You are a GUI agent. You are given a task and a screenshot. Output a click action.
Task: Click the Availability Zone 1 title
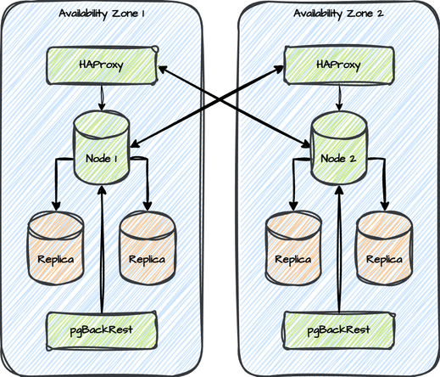[x=102, y=14]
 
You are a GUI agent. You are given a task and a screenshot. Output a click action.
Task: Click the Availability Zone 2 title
[x=338, y=14]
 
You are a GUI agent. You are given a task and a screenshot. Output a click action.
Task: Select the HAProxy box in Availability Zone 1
[x=102, y=65]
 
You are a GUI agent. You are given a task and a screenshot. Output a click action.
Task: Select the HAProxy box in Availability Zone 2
[x=339, y=65]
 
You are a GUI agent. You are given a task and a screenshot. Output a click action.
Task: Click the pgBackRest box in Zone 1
[x=102, y=331]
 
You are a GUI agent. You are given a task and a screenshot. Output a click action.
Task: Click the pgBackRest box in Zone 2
[x=339, y=331]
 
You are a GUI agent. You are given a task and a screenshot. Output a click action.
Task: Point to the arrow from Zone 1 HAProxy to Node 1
[x=102, y=98]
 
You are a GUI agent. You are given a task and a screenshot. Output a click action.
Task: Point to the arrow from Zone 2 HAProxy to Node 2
[x=339, y=98]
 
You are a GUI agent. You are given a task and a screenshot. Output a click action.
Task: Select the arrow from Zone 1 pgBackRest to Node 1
[x=102, y=249]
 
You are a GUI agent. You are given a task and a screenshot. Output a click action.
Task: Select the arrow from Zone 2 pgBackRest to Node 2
[x=339, y=249]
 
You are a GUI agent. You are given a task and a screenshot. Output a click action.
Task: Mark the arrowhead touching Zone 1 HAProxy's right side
[x=163, y=69]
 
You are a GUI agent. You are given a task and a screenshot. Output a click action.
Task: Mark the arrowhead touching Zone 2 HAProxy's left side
[x=278, y=69]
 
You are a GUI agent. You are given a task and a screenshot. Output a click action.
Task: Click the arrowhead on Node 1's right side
[x=135, y=143]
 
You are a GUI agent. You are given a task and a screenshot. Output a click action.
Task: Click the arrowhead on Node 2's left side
[x=306, y=143]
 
